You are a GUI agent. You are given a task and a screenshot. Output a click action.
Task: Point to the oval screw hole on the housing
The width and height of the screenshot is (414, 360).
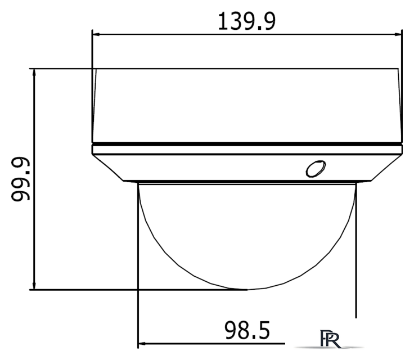coord(315,169)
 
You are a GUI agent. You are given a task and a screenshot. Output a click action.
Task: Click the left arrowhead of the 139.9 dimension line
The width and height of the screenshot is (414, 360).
coord(96,35)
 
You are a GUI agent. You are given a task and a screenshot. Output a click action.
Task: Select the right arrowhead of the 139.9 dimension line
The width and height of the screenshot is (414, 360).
coord(399,35)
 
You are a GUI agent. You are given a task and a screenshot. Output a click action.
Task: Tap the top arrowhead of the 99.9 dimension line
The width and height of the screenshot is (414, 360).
coord(35,73)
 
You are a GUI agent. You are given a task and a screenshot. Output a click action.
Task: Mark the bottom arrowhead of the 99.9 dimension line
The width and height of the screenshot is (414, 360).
coord(35,286)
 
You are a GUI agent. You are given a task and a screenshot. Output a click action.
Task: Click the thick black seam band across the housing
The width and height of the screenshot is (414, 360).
coord(247,144)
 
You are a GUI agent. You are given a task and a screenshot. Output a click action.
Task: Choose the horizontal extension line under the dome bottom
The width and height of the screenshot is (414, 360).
coord(141,290)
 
